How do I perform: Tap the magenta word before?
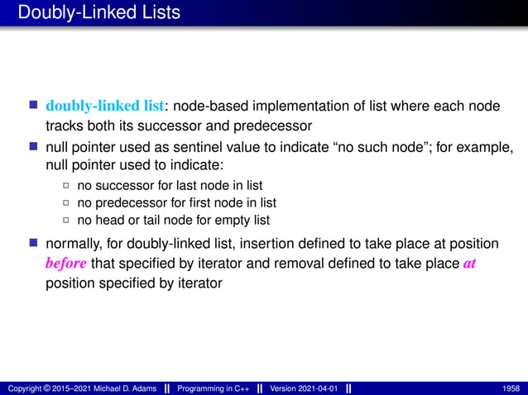[x=65, y=264]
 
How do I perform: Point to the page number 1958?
[x=511, y=388]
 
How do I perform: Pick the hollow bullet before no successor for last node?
[x=67, y=185]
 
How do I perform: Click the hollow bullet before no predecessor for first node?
[x=67, y=202]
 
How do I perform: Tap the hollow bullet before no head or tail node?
[x=67, y=220]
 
